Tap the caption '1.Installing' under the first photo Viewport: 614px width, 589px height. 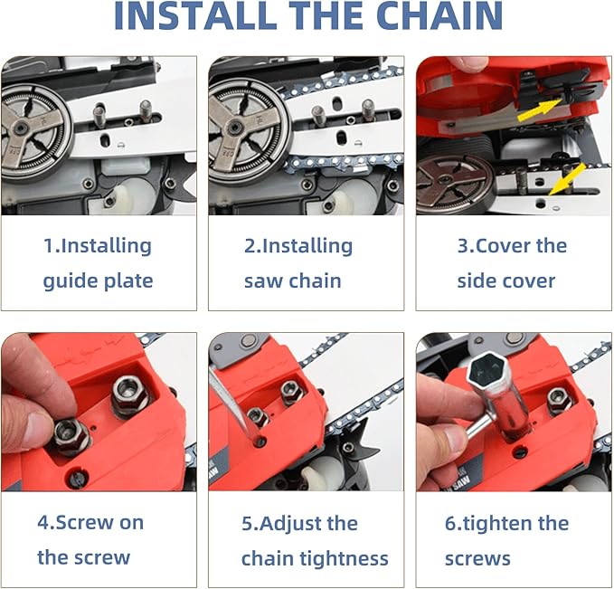pyautogui.click(x=98, y=246)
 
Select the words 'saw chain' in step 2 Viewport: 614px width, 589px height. pyautogui.click(x=293, y=280)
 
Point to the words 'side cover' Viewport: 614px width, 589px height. pyautogui.click(x=506, y=280)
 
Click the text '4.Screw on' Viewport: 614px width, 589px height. pyautogui.click(x=90, y=523)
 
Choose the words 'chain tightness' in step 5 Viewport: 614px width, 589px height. pyautogui.click(x=315, y=558)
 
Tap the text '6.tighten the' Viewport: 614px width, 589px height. pyautogui.click(x=506, y=523)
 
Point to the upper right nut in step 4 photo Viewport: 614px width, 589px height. pyautogui.click(x=129, y=394)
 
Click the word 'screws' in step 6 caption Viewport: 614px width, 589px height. pyautogui.click(x=477, y=558)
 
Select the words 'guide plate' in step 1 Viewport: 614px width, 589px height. pyautogui.click(x=98, y=280)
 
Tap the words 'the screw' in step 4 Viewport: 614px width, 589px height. pyautogui.click(x=84, y=557)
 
